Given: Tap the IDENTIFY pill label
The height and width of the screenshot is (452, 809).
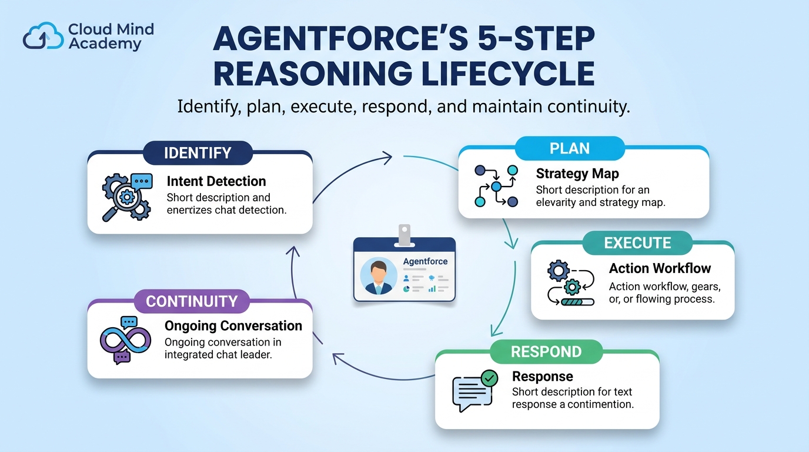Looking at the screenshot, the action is pyautogui.click(x=198, y=153).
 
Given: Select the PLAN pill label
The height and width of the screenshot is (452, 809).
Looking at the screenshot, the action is pyautogui.click(x=570, y=148).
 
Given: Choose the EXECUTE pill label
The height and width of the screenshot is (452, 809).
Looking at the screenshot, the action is pyautogui.click(x=637, y=242).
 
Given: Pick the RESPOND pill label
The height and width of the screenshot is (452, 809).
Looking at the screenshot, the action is pyautogui.click(x=546, y=351).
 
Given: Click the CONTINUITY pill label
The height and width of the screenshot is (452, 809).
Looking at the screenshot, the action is pyautogui.click(x=192, y=301).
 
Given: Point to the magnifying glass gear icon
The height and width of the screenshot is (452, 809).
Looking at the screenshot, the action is pyautogui.click(x=127, y=197).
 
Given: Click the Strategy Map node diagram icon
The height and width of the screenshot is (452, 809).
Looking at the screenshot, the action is pyautogui.click(x=496, y=186).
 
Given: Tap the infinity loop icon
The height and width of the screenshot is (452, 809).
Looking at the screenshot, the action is pyautogui.click(x=125, y=340).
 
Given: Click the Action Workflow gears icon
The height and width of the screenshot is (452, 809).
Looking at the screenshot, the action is pyautogui.click(x=570, y=282).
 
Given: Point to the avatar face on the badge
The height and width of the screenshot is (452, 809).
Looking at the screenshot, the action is pyautogui.click(x=379, y=275).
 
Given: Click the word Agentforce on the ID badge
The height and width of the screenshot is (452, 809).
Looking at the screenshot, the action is pyautogui.click(x=425, y=261).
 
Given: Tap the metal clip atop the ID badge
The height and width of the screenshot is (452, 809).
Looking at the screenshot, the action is pyautogui.click(x=404, y=236).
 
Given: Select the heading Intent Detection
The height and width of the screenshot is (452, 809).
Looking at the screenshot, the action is pyautogui.click(x=216, y=181).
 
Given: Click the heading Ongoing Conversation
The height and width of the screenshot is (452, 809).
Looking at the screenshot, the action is pyautogui.click(x=233, y=326).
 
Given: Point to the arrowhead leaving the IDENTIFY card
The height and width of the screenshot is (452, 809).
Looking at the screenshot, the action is pyautogui.click(x=388, y=158).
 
